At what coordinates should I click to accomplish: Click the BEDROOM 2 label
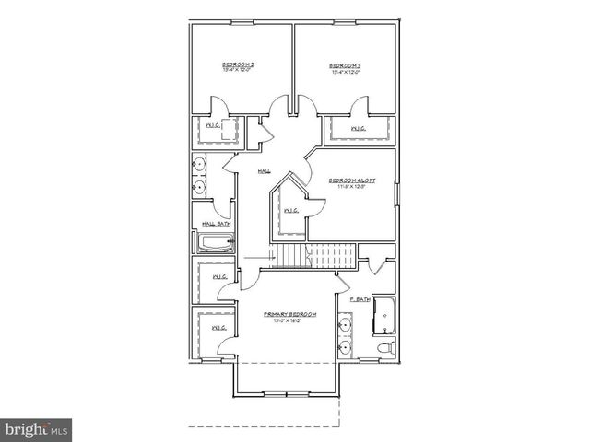(x=239, y=65)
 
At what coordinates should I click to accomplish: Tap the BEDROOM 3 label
(x=345, y=65)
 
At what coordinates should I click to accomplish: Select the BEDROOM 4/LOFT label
(x=352, y=180)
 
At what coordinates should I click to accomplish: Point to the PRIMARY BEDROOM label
(x=289, y=314)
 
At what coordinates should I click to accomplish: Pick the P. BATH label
(x=360, y=299)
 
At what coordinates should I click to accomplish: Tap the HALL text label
(x=265, y=171)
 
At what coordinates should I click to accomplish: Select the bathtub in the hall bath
(x=214, y=243)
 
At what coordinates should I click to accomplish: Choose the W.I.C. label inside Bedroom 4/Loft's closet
(x=290, y=211)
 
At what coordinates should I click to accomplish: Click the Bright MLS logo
(x=37, y=429)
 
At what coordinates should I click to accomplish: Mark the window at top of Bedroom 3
(x=344, y=23)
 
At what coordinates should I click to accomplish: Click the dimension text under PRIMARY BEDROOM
(x=289, y=321)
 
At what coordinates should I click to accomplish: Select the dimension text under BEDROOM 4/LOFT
(x=352, y=188)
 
